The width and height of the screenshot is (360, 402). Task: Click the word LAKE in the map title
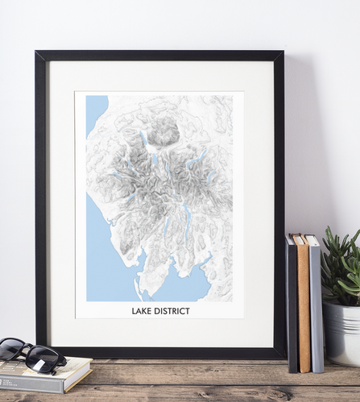tap(143, 310)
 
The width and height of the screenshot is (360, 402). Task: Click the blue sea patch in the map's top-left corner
tap(95, 108)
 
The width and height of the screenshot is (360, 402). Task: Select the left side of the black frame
tap(40, 201)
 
